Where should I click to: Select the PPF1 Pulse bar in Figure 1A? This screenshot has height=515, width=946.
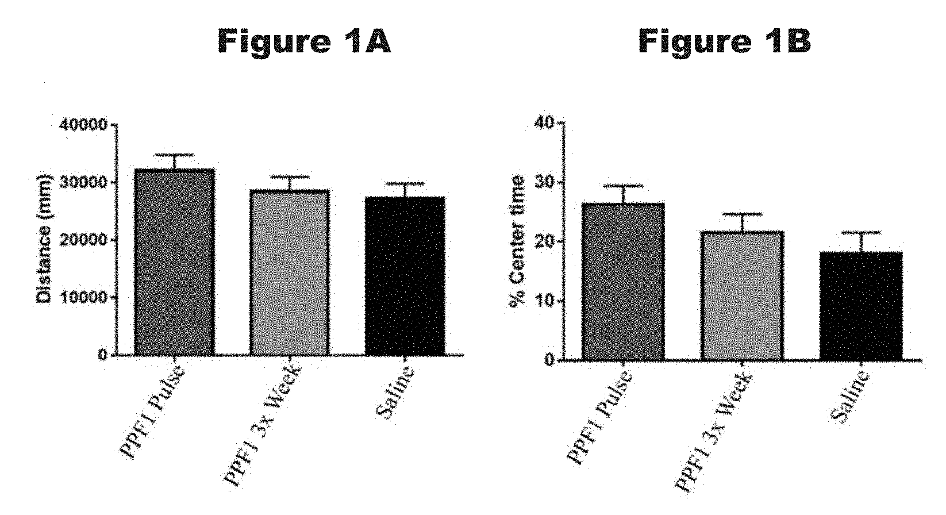click(174, 262)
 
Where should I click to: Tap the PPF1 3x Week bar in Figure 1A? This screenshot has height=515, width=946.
click(290, 272)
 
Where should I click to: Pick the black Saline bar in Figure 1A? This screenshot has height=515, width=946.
click(405, 276)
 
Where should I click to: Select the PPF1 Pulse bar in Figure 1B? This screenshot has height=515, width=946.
click(623, 282)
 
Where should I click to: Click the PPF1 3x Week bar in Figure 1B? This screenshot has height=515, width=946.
click(742, 295)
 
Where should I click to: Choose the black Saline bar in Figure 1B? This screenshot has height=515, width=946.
click(860, 306)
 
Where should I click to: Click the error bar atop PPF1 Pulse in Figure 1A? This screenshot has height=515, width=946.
click(174, 155)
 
